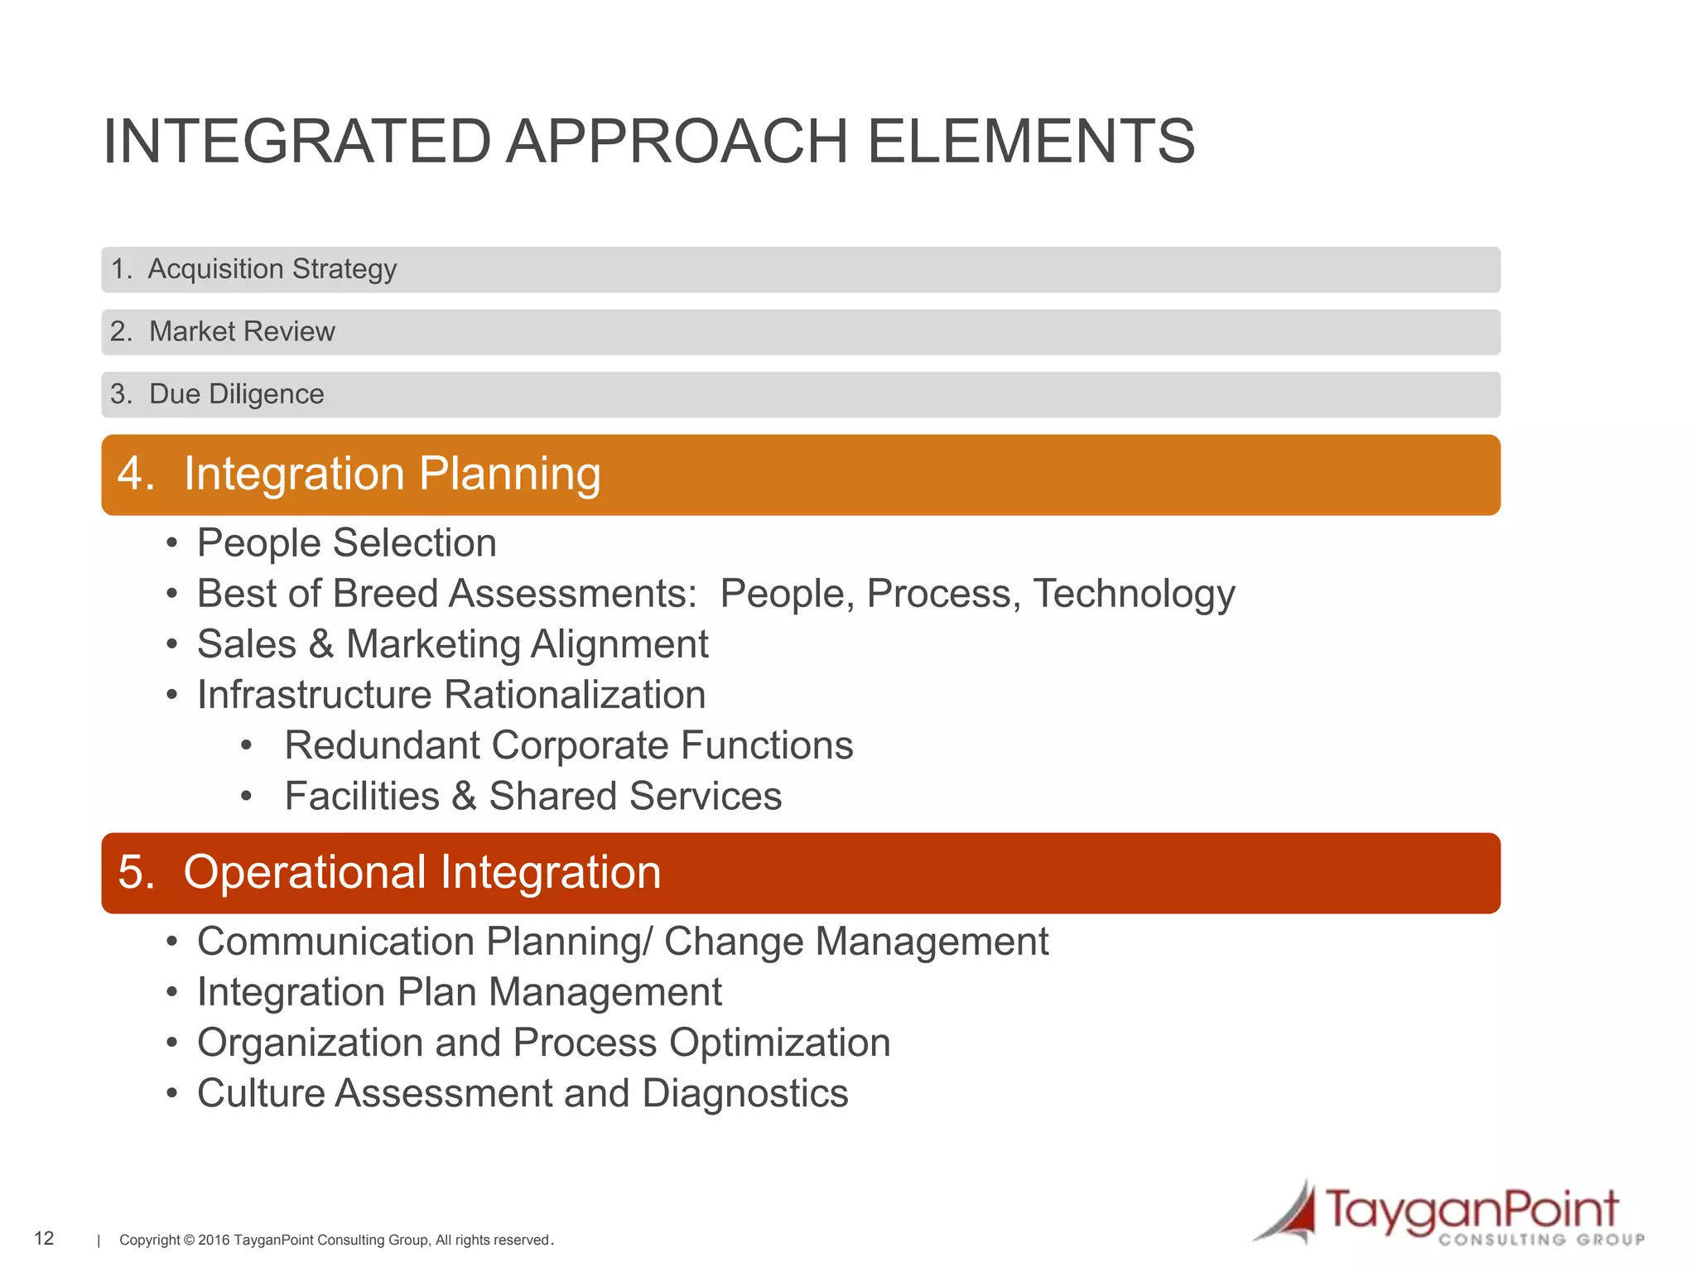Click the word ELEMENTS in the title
coord(1030,142)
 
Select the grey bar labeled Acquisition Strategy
coord(800,269)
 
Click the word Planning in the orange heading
coord(509,475)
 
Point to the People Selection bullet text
coord(346,544)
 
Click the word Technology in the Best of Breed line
coord(1134,595)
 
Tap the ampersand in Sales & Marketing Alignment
coord(321,645)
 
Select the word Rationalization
coord(575,696)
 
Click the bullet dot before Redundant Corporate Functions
coord(246,746)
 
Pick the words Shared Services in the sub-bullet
coord(635,797)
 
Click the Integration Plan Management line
coord(460,993)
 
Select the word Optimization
coord(779,1043)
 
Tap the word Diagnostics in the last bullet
coord(744,1094)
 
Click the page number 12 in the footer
coord(44,1238)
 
